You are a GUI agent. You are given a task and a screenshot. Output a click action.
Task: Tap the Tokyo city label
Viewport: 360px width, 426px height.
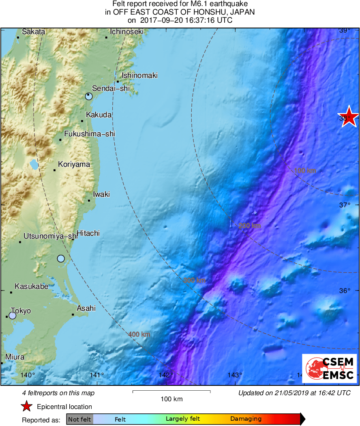tap(21, 311)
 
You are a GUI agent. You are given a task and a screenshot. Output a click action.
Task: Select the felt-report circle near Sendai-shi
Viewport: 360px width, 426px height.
tap(89, 96)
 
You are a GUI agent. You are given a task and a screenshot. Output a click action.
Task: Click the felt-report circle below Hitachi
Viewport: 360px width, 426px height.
tap(61, 258)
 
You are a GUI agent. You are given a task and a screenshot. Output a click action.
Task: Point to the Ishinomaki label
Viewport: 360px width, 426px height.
tap(139, 75)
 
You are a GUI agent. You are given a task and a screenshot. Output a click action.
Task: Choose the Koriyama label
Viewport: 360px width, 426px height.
tap(74, 164)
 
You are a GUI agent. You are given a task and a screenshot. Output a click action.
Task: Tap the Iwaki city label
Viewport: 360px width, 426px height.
tap(101, 194)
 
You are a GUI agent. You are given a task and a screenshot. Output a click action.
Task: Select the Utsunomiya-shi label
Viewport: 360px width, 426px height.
tap(50, 236)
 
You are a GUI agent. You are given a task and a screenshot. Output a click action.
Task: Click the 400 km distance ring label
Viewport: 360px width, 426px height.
tap(139, 335)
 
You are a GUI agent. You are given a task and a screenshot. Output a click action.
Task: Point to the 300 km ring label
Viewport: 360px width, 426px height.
tap(194, 280)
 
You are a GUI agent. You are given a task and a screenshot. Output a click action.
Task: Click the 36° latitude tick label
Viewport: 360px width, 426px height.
tap(345, 291)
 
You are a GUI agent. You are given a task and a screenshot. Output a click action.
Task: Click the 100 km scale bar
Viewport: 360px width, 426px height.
tap(171, 392)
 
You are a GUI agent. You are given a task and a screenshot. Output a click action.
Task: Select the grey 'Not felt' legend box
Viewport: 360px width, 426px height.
tap(79, 419)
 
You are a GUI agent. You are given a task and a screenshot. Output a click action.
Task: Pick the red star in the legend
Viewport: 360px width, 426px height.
tap(27, 407)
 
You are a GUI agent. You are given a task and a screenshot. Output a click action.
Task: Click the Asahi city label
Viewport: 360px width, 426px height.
tap(86, 308)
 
